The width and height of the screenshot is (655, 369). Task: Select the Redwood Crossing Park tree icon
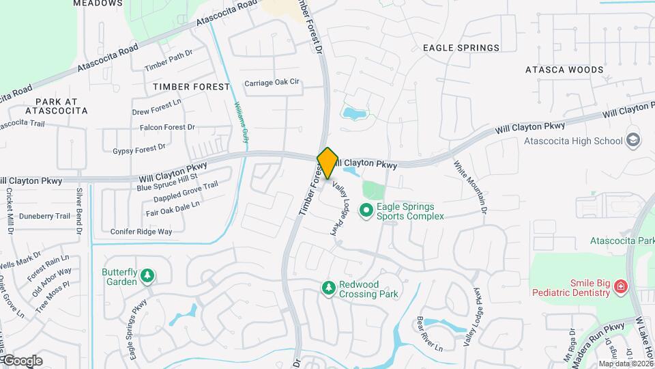click(x=329, y=288)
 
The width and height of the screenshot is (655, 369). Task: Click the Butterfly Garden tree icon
click(x=147, y=276)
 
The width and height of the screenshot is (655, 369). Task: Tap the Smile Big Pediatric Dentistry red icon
click(x=620, y=286)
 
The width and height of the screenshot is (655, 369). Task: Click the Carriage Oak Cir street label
click(x=272, y=83)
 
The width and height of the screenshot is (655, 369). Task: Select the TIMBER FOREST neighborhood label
click(x=192, y=87)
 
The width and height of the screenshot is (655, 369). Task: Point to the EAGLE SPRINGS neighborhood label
click(x=461, y=48)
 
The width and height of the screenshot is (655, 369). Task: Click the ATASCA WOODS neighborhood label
click(x=564, y=70)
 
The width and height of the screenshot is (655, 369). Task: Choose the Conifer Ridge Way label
click(x=141, y=232)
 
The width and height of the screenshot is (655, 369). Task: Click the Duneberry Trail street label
click(x=44, y=216)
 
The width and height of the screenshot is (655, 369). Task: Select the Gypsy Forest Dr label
click(x=139, y=148)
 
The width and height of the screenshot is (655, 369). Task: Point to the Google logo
click(x=22, y=360)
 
